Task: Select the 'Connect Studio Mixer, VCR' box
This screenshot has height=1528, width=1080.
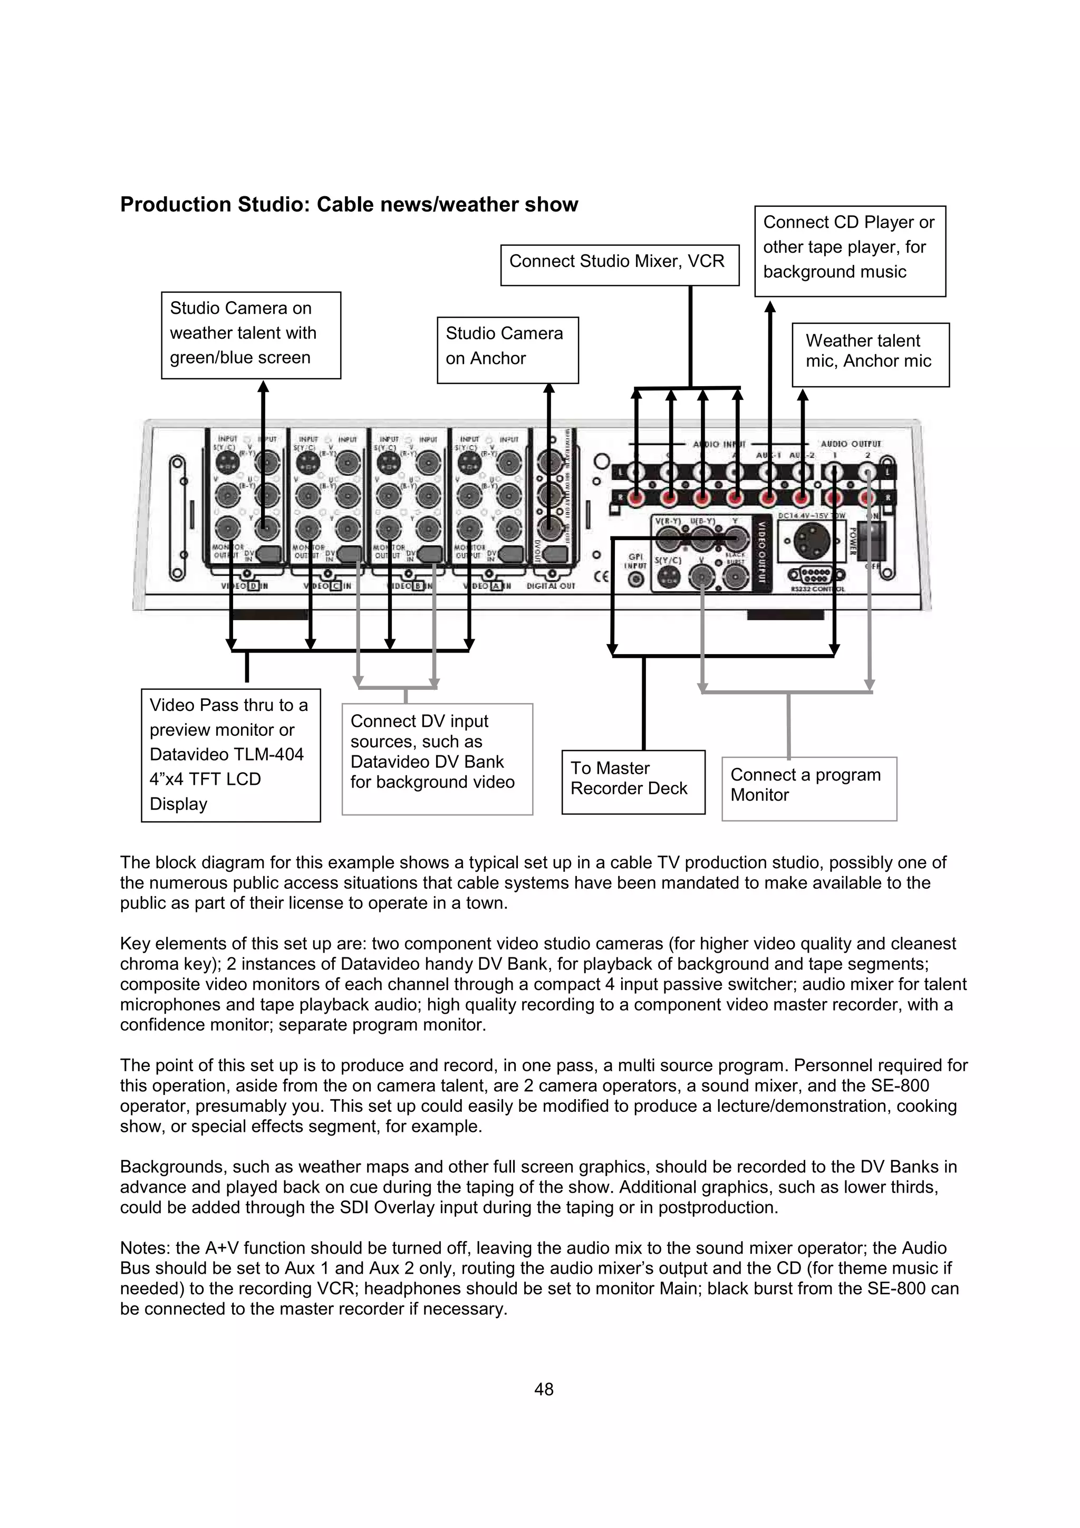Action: click(x=619, y=264)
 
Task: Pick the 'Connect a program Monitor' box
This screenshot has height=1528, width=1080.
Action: click(x=808, y=788)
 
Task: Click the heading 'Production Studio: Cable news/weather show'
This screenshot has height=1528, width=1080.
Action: click(x=349, y=204)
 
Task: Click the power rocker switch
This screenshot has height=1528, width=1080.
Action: click(x=872, y=541)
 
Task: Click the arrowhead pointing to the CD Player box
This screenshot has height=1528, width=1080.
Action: click(x=770, y=307)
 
